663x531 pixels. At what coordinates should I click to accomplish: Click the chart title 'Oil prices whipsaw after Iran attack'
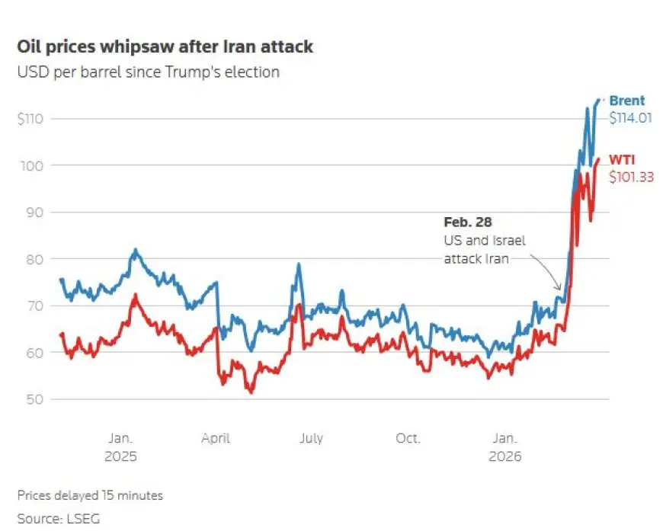165,46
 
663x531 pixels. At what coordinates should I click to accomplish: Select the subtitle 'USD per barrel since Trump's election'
148,72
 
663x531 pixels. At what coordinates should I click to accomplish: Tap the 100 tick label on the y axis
34,165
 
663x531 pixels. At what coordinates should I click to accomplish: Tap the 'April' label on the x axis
216,438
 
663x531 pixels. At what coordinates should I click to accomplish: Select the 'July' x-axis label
311,438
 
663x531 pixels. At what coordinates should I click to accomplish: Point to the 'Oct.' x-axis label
408,438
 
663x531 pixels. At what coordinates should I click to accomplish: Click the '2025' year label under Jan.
121,456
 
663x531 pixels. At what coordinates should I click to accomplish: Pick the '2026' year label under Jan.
505,456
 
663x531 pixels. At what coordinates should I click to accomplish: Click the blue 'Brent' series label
626,101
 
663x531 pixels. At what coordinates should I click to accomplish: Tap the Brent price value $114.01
630,118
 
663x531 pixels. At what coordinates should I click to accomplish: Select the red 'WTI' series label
622,159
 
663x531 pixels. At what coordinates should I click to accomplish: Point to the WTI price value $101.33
631,177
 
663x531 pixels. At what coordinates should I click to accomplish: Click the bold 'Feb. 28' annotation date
468,222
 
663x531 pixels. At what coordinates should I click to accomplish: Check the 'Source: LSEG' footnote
59,519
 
